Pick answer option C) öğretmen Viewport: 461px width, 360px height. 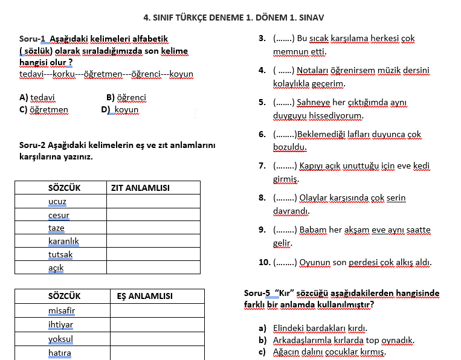[x=44, y=110]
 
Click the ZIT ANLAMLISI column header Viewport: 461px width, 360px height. [x=140, y=188]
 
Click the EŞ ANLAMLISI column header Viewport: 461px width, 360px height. [x=144, y=296]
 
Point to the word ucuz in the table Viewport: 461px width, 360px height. [x=57, y=202]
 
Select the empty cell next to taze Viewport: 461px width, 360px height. [x=153, y=228]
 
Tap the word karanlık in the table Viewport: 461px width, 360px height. [x=63, y=242]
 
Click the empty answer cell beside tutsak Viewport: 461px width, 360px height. [x=153, y=255]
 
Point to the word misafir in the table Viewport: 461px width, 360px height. [x=61, y=310]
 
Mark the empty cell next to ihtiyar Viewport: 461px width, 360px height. [x=155, y=324]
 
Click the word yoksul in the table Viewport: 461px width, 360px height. [x=60, y=339]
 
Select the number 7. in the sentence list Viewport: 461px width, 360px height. [x=262, y=166]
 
